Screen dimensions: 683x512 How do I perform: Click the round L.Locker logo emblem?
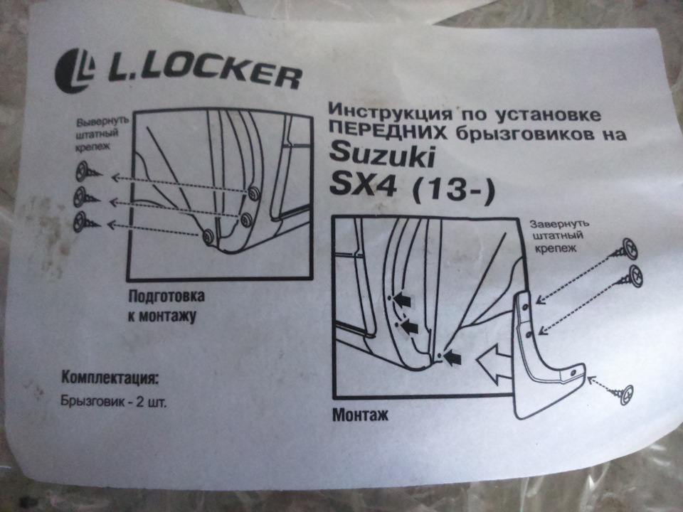[75, 70]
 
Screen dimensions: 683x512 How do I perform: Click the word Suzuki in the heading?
[382, 156]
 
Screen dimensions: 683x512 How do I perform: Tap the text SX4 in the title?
[363, 186]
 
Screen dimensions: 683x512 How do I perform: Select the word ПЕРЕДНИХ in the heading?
[387, 129]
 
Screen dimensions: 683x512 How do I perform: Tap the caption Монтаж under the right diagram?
[360, 415]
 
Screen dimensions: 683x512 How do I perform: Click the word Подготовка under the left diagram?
[166, 297]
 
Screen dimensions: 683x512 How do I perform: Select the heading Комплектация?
[110, 378]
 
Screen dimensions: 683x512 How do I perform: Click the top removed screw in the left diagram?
[88, 171]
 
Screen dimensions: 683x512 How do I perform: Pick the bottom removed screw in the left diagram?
[87, 222]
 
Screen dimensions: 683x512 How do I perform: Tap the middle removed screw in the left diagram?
[87, 197]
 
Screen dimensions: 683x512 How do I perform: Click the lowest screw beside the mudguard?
[621, 395]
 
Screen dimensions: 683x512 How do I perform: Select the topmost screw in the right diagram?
[623, 250]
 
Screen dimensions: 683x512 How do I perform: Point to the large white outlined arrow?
[494, 363]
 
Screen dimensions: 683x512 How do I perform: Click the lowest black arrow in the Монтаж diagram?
[453, 358]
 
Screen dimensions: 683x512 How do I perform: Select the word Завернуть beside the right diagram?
[559, 224]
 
